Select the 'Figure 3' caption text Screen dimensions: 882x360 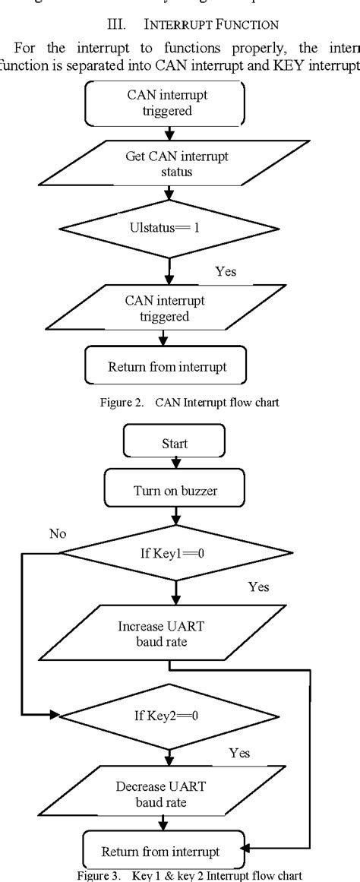click(x=180, y=875)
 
